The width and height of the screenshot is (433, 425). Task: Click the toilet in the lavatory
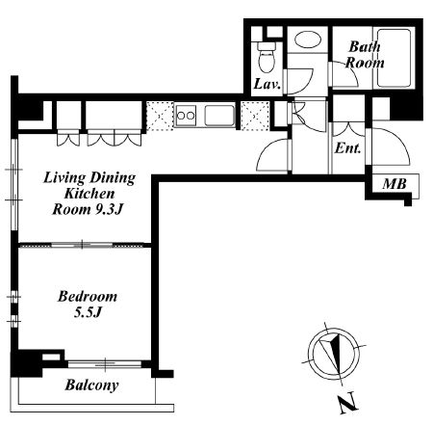tap(267, 58)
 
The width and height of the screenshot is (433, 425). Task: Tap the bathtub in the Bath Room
tap(394, 58)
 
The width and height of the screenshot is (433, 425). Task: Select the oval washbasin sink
tap(308, 40)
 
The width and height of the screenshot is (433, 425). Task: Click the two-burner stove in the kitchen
tap(186, 116)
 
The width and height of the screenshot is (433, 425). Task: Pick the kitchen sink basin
tap(219, 116)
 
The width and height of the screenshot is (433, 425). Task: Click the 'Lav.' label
tap(267, 84)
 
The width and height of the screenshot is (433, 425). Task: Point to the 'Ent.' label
tap(347, 148)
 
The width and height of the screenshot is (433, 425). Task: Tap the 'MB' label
tap(395, 184)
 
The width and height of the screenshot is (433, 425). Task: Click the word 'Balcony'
tap(91, 385)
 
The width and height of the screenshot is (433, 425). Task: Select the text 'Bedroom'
tap(88, 296)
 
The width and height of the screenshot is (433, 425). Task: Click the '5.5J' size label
tap(88, 312)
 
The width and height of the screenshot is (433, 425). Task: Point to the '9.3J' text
tap(110, 209)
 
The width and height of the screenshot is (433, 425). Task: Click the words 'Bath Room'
tap(365, 55)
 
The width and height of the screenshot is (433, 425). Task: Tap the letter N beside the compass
tap(347, 403)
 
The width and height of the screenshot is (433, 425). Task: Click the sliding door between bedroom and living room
tap(82, 245)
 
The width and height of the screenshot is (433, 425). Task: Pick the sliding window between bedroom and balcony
tap(105, 364)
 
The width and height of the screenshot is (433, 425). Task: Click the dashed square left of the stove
tap(160, 116)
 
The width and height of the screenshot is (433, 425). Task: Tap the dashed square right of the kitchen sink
tap(255, 116)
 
